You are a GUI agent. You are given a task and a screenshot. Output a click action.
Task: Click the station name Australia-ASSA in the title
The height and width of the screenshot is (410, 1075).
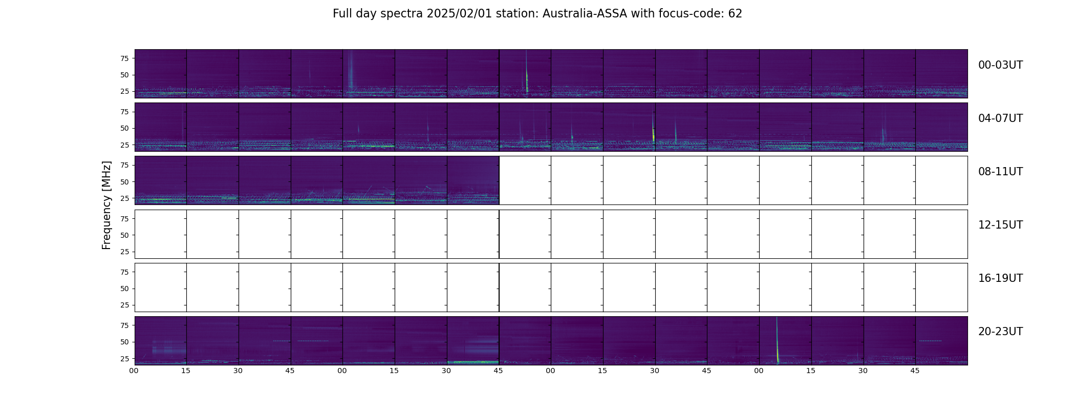tap(585, 14)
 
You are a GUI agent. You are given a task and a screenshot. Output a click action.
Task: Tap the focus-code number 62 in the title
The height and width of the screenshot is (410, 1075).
tap(735, 14)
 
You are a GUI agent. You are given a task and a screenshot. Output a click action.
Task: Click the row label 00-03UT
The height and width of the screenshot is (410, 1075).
tap(1000, 65)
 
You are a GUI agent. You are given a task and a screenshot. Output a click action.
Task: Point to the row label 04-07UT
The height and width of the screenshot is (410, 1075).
tap(1000, 118)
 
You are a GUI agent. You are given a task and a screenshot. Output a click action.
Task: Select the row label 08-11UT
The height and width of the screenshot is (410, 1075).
tap(1000, 172)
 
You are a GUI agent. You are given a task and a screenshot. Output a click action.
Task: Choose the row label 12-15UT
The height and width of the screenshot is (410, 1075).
tap(1000, 225)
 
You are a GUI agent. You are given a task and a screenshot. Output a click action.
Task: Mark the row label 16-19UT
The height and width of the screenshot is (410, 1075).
tap(1000, 278)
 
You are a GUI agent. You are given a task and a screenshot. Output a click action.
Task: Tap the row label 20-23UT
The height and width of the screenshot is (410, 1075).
tap(1000, 332)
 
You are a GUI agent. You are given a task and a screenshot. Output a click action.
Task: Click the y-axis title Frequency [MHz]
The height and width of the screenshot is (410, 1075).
tap(106, 205)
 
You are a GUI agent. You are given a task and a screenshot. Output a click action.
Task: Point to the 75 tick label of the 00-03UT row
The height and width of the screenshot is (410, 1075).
tap(124, 58)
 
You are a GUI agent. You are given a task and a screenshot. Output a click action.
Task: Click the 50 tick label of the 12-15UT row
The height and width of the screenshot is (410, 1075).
tap(124, 235)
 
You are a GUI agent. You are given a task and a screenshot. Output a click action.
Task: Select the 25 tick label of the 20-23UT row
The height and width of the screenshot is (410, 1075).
tap(124, 359)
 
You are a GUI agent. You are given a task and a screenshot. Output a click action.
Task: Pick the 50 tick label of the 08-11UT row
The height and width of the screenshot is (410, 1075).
tap(124, 182)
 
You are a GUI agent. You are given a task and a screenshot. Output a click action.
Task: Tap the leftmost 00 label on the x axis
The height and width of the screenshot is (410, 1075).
tap(134, 371)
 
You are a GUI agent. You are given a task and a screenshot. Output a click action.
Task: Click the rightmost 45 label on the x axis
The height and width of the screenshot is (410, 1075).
tap(915, 371)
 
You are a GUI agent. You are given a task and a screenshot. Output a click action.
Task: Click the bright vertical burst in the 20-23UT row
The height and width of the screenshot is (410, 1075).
tap(777, 348)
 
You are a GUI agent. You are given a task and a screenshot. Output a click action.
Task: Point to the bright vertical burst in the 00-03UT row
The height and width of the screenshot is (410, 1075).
tap(527, 77)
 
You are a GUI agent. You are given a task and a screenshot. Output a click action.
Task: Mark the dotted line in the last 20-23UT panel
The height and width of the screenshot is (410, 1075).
tap(930, 341)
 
